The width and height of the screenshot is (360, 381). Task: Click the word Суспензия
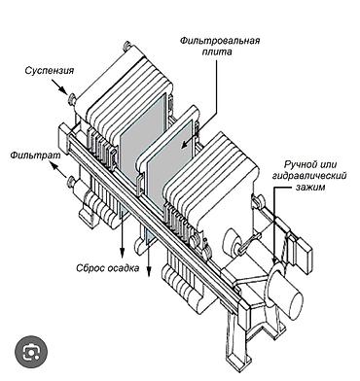(50, 71)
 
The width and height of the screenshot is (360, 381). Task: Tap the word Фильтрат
(35, 156)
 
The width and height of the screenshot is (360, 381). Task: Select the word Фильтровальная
(221, 41)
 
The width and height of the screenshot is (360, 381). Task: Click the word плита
(217, 52)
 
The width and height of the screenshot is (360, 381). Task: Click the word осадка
(124, 268)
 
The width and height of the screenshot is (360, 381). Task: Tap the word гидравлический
(309, 176)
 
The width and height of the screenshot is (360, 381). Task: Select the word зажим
(309, 187)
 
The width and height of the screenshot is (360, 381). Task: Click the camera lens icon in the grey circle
(31, 352)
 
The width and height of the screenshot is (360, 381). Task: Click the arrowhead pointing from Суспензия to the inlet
(64, 90)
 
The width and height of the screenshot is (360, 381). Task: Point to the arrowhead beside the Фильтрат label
(53, 166)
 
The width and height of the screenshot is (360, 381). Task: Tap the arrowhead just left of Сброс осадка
(122, 252)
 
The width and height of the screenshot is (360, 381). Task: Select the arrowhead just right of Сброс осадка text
(149, 272)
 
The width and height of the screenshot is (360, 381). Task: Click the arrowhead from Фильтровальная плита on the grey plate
(184, 145)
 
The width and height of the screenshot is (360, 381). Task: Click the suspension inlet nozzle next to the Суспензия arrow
(71, 99)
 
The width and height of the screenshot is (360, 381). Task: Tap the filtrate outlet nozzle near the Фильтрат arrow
(70, 182)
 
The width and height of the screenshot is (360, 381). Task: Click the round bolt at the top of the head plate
(127, 46)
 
